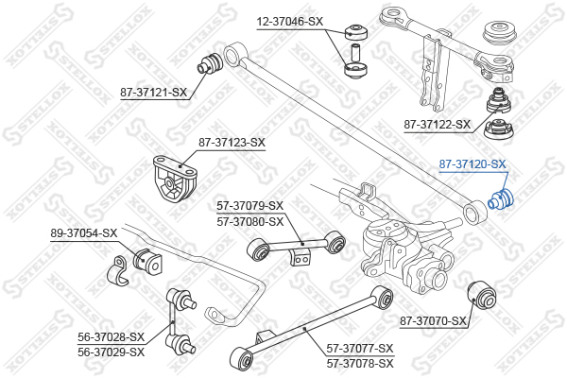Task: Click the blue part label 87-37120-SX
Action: pyautogui.click(x=472, y=164)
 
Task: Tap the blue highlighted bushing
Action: pyautogui.click(x=501, y=198)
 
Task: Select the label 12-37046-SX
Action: pyautogui.click(x=290, y=22)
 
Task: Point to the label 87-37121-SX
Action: pyautogui.click(x=154, y=93)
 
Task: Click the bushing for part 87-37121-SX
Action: pyautogui.click(x=209, y=63)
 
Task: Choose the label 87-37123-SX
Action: pyautogui.click(x=232, y=142)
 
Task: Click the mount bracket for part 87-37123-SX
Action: pyautogui.click(x=175, y=179)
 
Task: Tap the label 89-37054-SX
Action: pyautogui.click(x=84, y=233)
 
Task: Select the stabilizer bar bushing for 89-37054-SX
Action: pyautogui.click(x=147, y=261)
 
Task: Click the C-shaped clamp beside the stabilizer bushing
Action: pyautogui.click(x=117, y=271)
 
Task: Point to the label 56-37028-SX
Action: pyautogui.click(x=111, y=336)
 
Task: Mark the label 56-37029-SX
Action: pyautogui.click(x=111, y=352)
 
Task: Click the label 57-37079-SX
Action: pyautogui.click(x=250, y=206)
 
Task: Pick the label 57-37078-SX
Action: pyautogui.click(x=360, y=363)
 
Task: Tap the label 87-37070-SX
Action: pyautogui.click(x=433, y=320)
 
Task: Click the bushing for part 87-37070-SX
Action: pyautogui.click(x=482, y=295)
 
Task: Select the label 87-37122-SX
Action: pyautogui.click(x=438, y=125)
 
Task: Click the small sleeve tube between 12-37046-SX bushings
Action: pyautogui.click(x=354, y=52)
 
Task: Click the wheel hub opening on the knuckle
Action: pyautogui.click(x=438, y=279)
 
